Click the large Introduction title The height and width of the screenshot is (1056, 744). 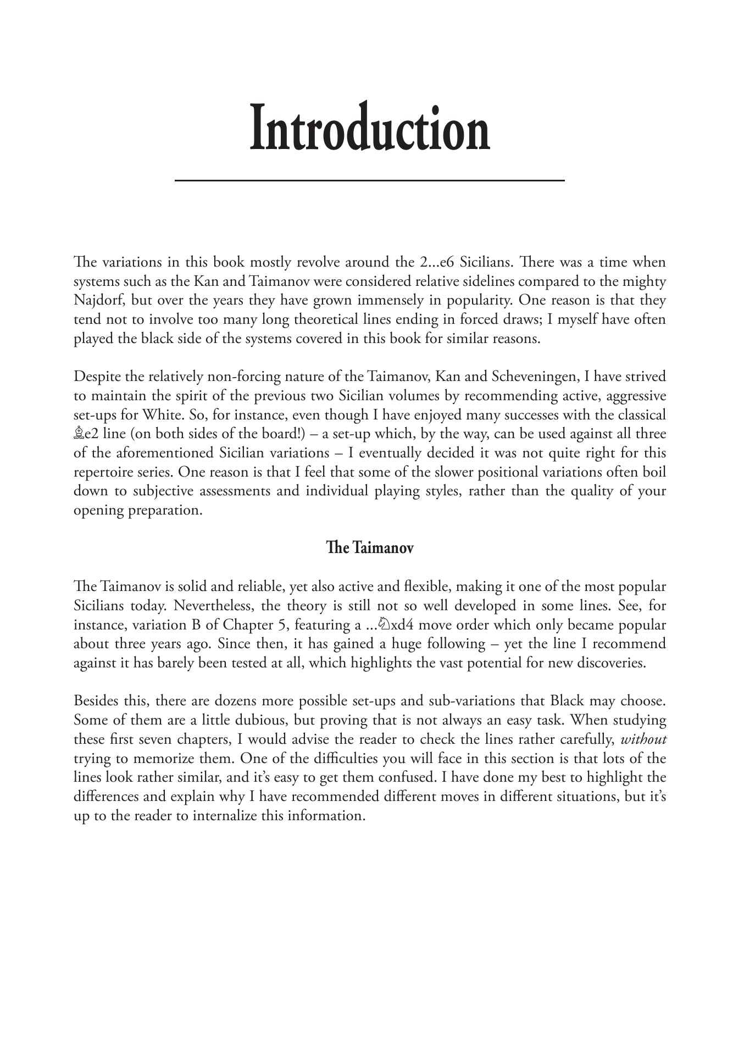tap(370, 128)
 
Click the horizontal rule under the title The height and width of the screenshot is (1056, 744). tap(370, 180)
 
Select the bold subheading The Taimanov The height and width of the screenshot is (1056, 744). tap(369, 548)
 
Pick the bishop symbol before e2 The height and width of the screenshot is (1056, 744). tap(79, 434)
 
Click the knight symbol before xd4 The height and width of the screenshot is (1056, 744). tap(384, 625)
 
